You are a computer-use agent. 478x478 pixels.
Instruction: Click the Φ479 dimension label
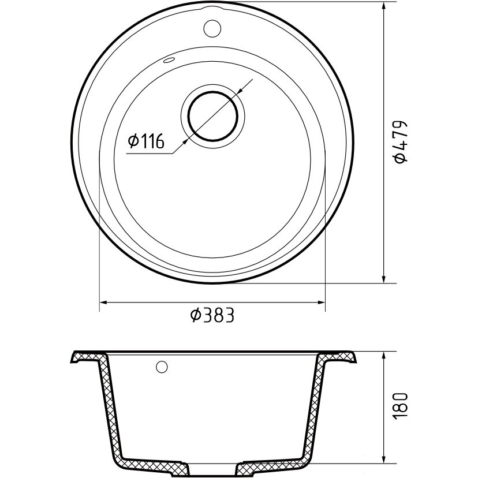400,143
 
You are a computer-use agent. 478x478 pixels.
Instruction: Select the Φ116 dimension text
146,141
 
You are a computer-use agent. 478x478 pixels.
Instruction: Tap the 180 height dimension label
400,406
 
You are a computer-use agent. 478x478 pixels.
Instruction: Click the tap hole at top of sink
212,28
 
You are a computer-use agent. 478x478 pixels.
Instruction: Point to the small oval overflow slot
169,60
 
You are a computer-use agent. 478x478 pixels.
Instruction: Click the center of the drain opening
213,116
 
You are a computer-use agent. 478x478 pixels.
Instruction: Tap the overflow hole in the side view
162,367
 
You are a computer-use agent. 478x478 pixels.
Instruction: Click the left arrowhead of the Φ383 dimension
103,303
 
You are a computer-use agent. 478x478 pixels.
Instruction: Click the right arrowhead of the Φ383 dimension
322,303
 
